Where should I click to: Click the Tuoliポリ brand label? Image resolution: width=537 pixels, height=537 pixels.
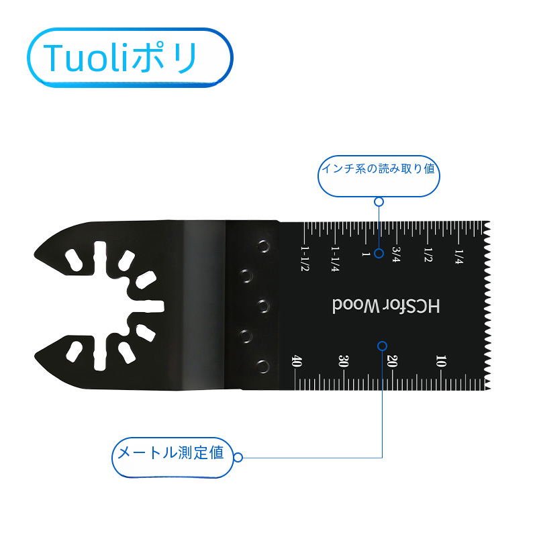(130, 58)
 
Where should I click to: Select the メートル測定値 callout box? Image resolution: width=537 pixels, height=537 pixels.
(170, 454)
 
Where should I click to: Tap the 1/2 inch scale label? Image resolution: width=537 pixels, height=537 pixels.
(428, 254)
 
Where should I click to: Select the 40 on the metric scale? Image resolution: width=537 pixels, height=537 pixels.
(296, 361)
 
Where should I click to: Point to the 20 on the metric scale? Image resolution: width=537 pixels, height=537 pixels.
(393, 361)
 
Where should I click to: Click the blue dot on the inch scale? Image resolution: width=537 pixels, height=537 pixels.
(379, 253)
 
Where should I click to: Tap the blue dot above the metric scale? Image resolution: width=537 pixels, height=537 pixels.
(382, 346)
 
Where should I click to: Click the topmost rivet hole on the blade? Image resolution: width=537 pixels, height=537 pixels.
(262, 245)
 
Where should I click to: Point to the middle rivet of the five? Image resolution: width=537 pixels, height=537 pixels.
(262, 306)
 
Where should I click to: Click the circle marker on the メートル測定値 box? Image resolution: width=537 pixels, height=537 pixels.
(238, 458)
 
